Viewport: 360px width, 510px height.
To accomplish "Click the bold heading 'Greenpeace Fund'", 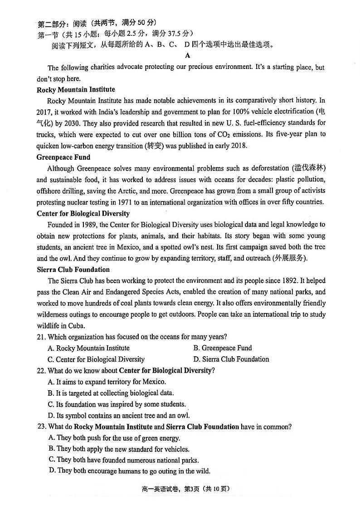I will pyautogui.click(x=63, y=157).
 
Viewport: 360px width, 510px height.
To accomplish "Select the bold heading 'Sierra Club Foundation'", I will pyautogui.click(x=73, y=270).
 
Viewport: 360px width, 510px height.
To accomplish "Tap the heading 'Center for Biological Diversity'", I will pyautogui.click(x=83, y=213).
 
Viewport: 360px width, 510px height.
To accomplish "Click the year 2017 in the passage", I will pyautogui.click(x=44, y=112).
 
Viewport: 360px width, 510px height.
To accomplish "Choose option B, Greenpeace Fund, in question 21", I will pyautogui.click(x=222, y=348).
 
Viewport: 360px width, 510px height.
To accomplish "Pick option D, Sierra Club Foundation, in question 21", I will pyautogui.click(x=231, y=359).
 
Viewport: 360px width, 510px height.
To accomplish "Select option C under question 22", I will pyautogui.click(x=117, y=404).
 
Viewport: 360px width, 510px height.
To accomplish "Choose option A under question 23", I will pyautogui.click(x=114, y=438).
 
